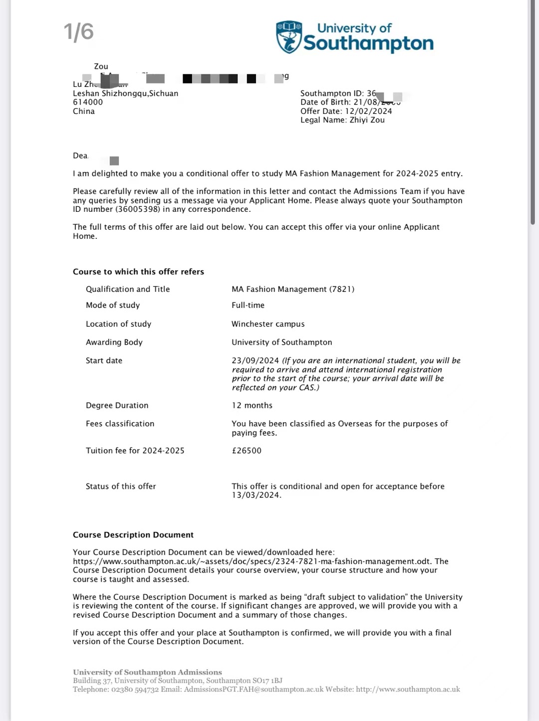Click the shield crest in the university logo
[289, 37]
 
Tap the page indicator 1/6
[79, 32]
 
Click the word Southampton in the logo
[368, 43]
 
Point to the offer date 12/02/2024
[368, 111]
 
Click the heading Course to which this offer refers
[138, 272]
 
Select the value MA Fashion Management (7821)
[293, 289]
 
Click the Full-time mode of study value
[248, 305]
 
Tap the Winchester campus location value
[268, 324]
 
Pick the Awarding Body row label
[114, 342]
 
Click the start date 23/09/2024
[255, 360]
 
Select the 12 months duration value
[252, 405]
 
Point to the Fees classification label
[120, 424]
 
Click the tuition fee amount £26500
[247, 451]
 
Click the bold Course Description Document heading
[133, 535]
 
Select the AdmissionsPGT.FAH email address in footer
[254, 690]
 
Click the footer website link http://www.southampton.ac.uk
[408, 690]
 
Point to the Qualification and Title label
[128, 289]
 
